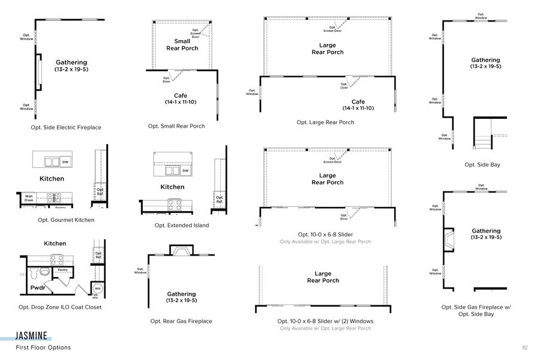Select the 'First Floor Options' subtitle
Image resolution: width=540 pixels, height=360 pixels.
click(x=43, y=347)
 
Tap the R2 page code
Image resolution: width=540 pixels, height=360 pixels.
click(x=524, y=347)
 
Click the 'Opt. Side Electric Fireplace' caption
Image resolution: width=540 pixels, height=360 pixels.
click(x=66, y=127)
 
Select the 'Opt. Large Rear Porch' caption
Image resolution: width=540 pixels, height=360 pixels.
click(x=325, y=122)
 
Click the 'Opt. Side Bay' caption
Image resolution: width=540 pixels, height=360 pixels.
click(x=482, y=164)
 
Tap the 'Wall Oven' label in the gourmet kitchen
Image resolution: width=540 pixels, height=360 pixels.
click(x=29, y=198)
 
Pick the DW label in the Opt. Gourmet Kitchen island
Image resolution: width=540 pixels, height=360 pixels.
click(x=65, y=161)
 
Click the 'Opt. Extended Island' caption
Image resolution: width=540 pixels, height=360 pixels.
click(x=182, y=225)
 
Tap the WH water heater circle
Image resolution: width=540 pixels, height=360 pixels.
click(x=97, y=288)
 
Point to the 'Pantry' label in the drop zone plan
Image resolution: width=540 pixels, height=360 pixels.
click(x=62, y=271)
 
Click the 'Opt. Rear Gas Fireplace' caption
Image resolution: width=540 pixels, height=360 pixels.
click(x=181, y=321)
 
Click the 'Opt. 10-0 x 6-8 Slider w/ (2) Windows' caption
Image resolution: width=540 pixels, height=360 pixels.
click(x=325, y=321)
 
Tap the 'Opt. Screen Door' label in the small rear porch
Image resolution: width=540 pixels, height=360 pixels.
click(x=196, y=34)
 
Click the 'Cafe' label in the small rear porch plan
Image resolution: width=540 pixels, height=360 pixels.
click(x=181, y=95)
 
